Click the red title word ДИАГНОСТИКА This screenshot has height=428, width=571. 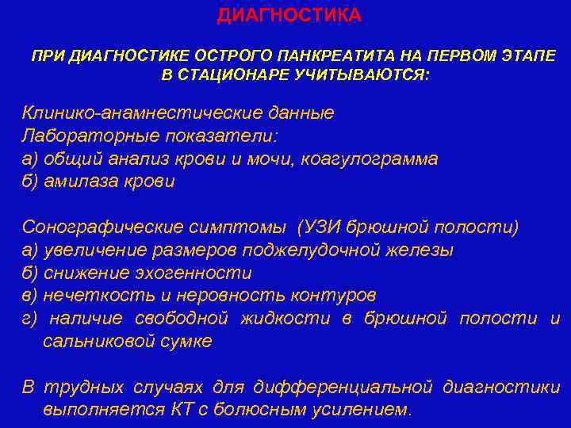[289, 15]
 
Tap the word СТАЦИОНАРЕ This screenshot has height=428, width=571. [233, 75]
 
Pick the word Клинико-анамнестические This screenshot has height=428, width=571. [143, 113]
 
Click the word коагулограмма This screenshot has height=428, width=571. [370, 160]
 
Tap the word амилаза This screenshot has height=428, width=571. [81, 182]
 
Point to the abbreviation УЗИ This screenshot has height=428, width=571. [320, 227]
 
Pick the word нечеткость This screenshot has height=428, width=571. [99, 295]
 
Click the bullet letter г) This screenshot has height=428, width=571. [29, 319]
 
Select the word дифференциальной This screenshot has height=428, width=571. [343, 387]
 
